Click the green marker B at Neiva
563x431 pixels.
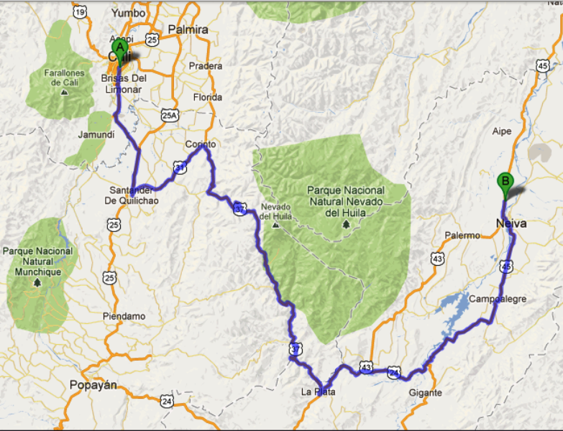tap(505, 182)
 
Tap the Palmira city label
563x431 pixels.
tap(188, 29)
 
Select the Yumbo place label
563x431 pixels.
tap(129, 13)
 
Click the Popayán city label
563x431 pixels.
tap(93, 385)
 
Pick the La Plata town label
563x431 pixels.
tap(319, 392)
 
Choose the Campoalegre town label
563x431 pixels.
tap(497, 298)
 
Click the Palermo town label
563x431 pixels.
tap(462, 235)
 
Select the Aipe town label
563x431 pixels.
tap(502, 131)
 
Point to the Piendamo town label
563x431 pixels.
tap(124, 316)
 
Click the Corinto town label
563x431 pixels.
tap(201, 144)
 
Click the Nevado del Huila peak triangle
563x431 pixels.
tap(276, 225)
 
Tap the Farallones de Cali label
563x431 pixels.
tap(63, 78)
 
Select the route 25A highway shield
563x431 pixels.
tap(169, 115)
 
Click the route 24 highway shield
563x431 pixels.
tap(167, 401)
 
